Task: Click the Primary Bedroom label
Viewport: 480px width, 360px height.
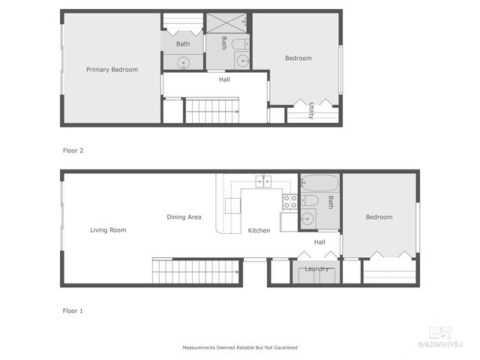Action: click(x=112, y=70)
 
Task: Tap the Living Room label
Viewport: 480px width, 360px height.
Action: click(x=108, y=230)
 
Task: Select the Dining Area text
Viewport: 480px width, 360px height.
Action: click(x=184, y=217)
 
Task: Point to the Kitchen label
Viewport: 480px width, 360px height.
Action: click(x=259, y=230)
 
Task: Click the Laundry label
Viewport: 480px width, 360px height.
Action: click(x=316, y=268)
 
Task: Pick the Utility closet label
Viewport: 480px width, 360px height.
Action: click(x=310, y=109)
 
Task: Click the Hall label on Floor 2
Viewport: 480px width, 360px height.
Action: click(x=224, y=79)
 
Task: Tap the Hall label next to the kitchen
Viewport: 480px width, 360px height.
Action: click(x=319, y=242)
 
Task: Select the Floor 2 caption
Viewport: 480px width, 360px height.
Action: click(x=73, y=151)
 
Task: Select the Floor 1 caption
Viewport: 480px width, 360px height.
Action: click(x=73, y=310)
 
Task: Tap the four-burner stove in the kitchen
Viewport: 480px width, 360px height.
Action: click(x=290, y=201)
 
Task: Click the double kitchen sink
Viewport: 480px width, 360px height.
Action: click(x=263, y=181)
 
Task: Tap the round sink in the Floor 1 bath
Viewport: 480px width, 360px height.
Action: click(x=307, y=220)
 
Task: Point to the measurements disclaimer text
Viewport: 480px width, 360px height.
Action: click(x=240, y=348)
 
